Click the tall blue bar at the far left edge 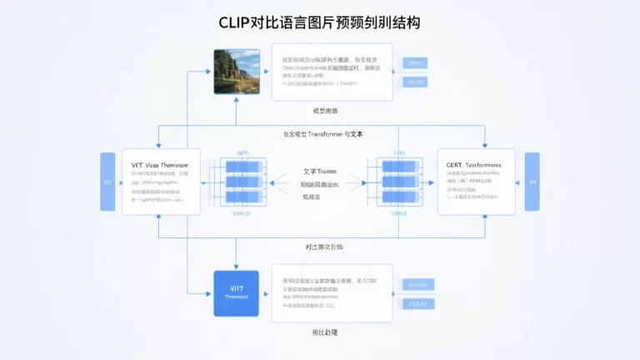click(x=107, y=182)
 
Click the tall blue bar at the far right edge click(x=532, y=182)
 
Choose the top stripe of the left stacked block click(x=243, y=166)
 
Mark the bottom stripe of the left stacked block click(x=243, y=197)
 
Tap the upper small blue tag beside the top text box click(x=414, y=63)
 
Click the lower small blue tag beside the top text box click(x=414, y=82)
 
